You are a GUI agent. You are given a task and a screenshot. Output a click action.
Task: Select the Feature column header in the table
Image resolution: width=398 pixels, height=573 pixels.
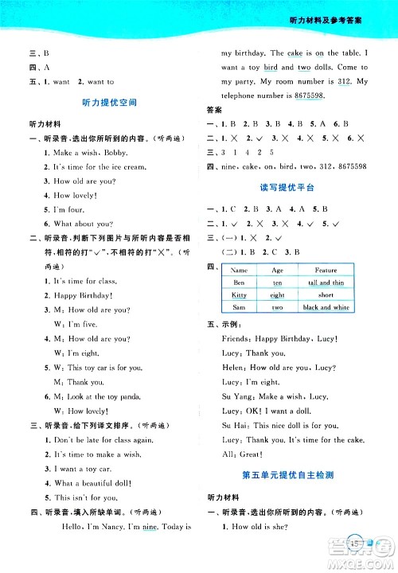click(x=326, y=270)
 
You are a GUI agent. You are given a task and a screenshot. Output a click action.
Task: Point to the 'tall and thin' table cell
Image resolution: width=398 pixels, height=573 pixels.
click(x=326, y=283)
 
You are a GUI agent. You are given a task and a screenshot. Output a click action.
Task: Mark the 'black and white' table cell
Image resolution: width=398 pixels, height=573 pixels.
click(x=326, y=307)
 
